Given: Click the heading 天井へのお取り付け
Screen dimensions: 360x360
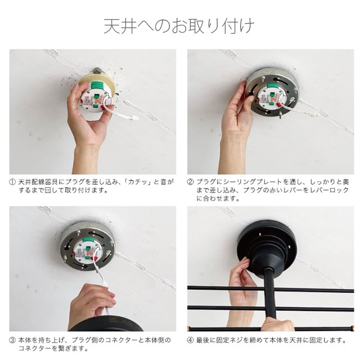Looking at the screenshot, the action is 179,26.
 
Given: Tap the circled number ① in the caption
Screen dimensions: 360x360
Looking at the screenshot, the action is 12,182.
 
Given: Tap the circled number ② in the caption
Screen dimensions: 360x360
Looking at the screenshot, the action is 190,182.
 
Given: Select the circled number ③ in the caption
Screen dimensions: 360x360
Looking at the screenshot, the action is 12,340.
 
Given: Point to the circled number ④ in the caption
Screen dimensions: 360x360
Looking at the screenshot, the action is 190,340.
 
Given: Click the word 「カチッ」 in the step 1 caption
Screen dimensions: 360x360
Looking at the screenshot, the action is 138,182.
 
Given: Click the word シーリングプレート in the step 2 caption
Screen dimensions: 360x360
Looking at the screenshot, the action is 253,182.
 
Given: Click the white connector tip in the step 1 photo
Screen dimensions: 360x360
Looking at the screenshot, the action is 135,119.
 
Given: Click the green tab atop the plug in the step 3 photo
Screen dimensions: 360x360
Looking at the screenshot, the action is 88,240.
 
